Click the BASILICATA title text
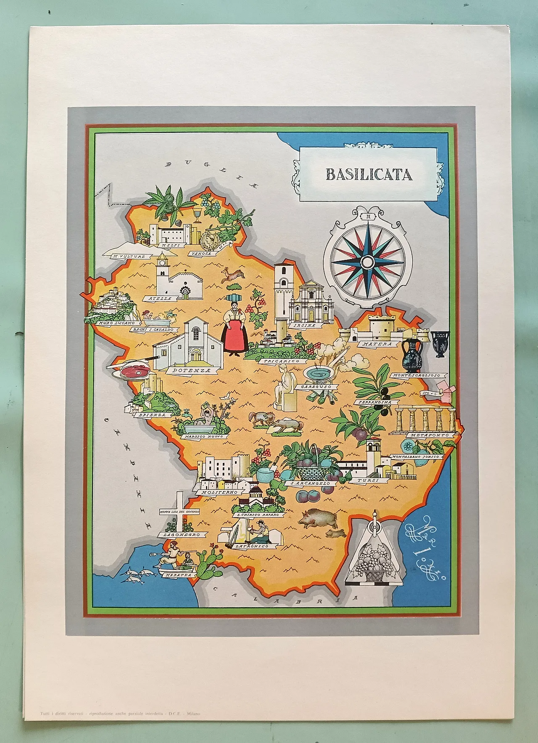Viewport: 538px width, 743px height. pyautogui.click(x=369, y=175)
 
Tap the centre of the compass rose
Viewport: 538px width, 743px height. pyautogui.click(x=367, y=262)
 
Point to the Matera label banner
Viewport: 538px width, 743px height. pyautogui.click(x=377, y=344)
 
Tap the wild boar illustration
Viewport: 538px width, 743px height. pyautogui.click(x=318, y=518)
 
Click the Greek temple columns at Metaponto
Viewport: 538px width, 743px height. pyautogui.click(x=425, y=418)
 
